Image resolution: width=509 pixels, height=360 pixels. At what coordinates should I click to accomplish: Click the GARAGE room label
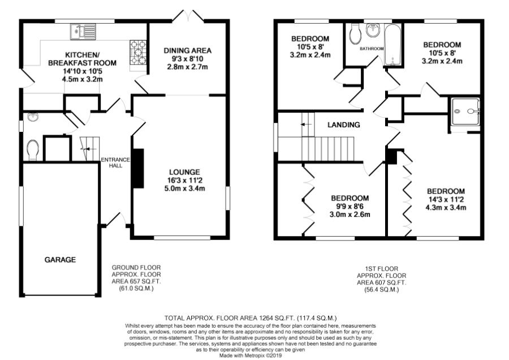pyautogui.click(x=60, y=260)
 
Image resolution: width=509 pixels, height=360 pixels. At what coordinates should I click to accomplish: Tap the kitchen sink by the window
pyautogui.click(x=83, y=32)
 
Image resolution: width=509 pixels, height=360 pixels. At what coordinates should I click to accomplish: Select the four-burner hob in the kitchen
pyautogui.click(x=138, y=52)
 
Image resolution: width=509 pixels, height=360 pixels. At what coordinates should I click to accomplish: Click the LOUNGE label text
pyautogui.click(x=184, y=172)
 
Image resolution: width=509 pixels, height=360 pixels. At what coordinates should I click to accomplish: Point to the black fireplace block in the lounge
pyautogui.click(x=138, y=168)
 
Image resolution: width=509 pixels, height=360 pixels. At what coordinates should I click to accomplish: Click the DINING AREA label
pyautogui.click(x=187, y=51)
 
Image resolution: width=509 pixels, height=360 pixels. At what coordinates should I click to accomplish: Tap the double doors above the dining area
pyautogui.click(x=188, y=16)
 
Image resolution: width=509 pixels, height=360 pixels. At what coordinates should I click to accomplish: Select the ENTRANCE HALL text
pyautogui.click(x=115, y=162)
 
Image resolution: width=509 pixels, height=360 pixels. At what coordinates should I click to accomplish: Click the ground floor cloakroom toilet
pyautogui.click(x=33, y=150)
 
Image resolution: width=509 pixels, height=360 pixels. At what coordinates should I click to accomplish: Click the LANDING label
pyautogui.click(x=343, y=125)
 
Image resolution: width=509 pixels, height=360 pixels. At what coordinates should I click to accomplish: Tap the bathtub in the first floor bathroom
pyautogui.click(x=393, y=44)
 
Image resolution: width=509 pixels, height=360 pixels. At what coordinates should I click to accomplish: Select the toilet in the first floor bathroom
pyautogui.click(x=356, y=34)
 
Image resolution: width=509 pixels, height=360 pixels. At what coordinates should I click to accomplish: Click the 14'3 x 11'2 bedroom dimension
pyautogui.click(x=446, y=199)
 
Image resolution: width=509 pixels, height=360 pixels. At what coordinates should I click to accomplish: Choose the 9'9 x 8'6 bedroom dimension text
pyautogui.click(x=350, y=206)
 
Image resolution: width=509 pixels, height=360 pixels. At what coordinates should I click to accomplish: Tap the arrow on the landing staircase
pyautogui.click(x=306, y=125)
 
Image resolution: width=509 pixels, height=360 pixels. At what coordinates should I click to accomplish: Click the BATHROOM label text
pyautogui.click(x=372, y=49)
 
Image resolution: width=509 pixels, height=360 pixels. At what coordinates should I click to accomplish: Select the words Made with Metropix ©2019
pyautogui.click(x=251, y=356)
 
